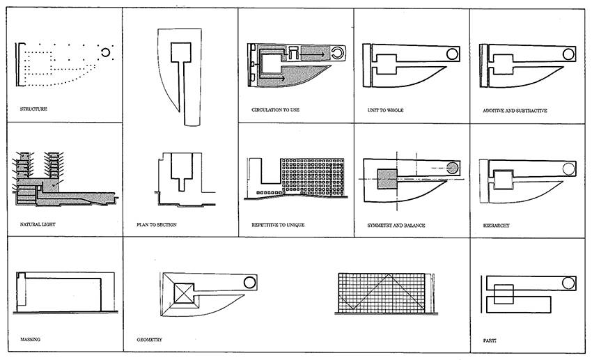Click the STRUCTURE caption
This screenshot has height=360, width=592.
pyautogui.click(x=33, y=109)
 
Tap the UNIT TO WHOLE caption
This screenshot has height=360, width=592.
pyautogui.click(x=385, y=110)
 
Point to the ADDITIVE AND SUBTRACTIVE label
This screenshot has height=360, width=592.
pyautogui.click(x=515, y=110)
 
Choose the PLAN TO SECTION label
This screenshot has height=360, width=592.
pyautogui.click(x=157, y=225)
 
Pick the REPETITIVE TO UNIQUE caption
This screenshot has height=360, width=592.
pyautogui.click(x=278, y=225)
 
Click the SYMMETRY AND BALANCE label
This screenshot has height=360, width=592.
pyautogui.click(x=396, y=225)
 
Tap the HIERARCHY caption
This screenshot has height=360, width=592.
pyautogui.click(x=497, y=225)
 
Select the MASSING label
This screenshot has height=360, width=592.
pyautogui.click(x=31, y=339)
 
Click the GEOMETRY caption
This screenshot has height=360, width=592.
pyautogui.click(x=151, y=339)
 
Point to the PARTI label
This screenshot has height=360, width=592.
pyautogui.click(x=490, y=340)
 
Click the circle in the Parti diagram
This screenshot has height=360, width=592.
pyautogui.click(x=569, y=283)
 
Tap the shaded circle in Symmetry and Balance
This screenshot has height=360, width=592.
pyautogui.click(x=452, y=167)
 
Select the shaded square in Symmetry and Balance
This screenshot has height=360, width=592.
pyautogui.click(x=387, y=179)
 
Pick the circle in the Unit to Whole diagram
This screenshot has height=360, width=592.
pyautogui.click(x=452, y=54)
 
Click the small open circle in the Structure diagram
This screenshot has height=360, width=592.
pyautogui.click(x=107, y=52)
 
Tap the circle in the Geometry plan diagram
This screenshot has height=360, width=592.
pyautogui.click(x=250, y=282)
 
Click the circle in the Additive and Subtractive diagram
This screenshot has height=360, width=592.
pyautogui.click(x=568, y=54)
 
